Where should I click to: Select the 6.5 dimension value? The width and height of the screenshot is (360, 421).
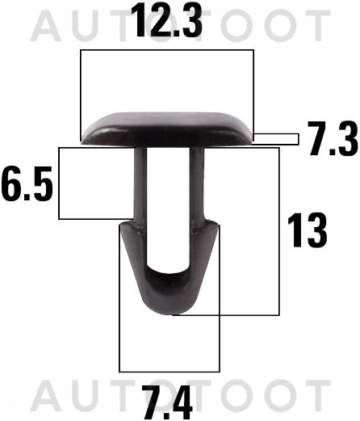point(27,185)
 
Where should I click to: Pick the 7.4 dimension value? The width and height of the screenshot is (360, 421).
point(167,402)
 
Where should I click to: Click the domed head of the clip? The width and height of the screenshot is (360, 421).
point(168,125)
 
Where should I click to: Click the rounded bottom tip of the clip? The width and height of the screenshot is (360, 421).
point(169,311)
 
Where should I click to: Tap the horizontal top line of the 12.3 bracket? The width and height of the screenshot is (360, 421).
point(168,51)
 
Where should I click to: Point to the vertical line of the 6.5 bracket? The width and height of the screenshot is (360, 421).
point(59,183)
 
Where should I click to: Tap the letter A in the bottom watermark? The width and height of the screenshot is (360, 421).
point(44,395)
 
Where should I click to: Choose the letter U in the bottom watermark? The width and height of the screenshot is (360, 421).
point(91,395)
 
